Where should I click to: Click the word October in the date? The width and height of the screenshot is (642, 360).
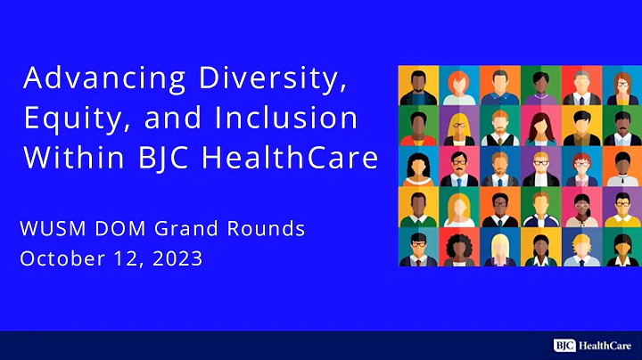[x=59, y=259]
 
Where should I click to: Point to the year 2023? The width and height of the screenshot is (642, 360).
[x=177, y=259]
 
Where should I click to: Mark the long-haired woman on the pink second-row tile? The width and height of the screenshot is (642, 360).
[x=541, y=127]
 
